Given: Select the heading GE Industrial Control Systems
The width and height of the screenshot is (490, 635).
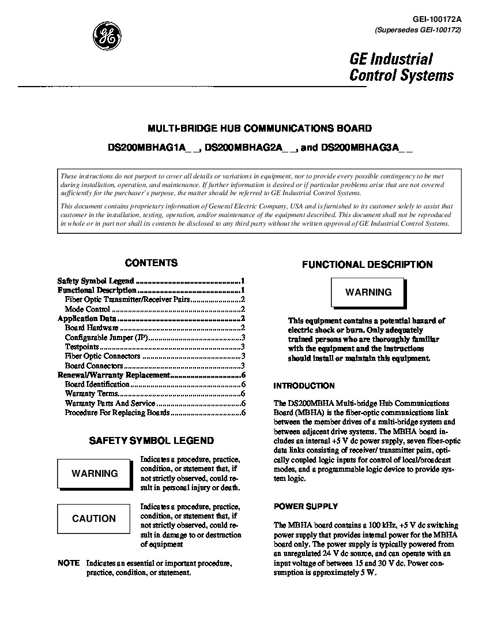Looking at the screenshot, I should click(x=401, y=67).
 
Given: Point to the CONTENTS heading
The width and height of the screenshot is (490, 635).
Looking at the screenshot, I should click(x=151, y=263).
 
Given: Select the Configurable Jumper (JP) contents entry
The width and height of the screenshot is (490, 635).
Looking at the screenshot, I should click(x=107, y=338).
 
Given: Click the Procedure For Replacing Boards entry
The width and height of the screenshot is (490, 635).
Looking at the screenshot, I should click(x=117, y=413).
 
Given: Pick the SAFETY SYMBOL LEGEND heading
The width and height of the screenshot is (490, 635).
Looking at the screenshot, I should click(x=151, y=440).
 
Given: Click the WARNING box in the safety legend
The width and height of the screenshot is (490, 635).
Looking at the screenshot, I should click(x=95, y=473).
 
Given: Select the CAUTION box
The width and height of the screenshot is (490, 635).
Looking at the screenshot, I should click(x=94, y=518).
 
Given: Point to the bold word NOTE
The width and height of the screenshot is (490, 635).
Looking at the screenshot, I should click(x=69, y=563).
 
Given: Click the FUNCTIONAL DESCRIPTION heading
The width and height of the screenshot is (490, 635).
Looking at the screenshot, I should click(x=367, y=265).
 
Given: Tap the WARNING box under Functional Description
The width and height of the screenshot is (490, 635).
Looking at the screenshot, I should click(x=368, y=292).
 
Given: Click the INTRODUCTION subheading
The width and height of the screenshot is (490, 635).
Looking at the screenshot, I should click(x=304, y=386).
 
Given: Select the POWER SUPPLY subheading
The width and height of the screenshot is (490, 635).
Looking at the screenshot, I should click(x=306, y=506).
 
